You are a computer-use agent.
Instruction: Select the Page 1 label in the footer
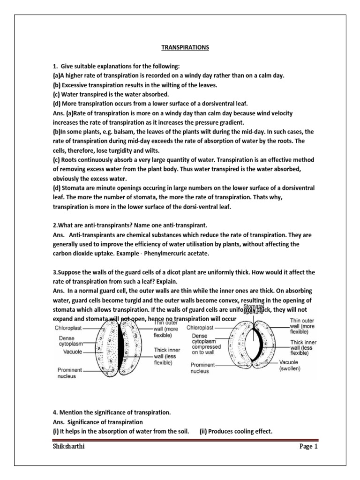click(308, 447)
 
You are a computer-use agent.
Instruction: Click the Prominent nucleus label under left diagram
click(73, 372)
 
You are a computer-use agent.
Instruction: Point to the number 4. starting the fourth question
click(55, 412)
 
